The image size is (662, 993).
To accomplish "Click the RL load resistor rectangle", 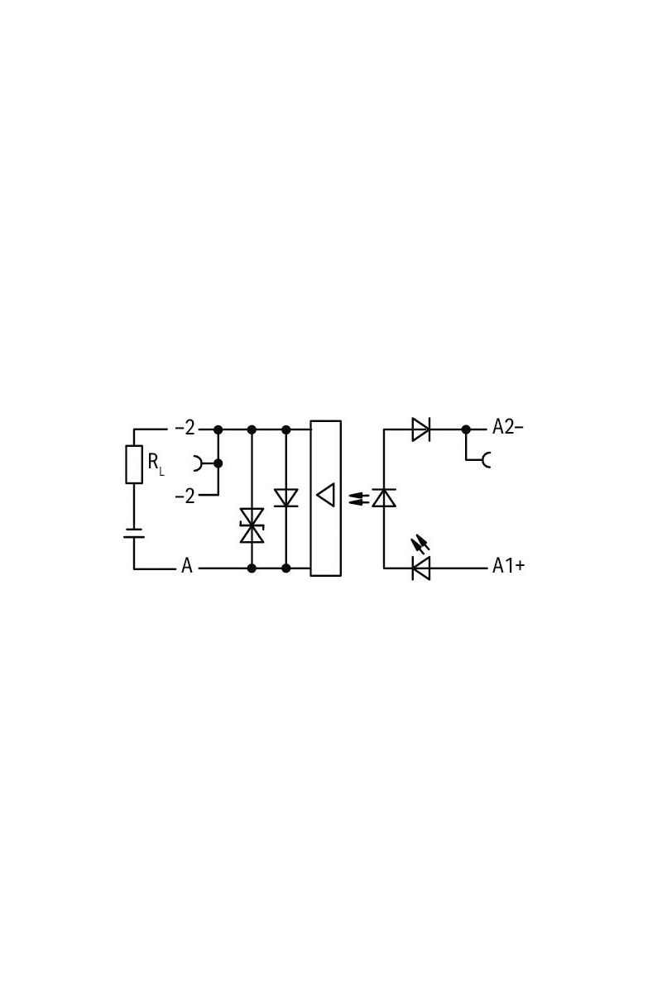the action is [134, 464].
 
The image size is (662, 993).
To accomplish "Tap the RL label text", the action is [156, 464].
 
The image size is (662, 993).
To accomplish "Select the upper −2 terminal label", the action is [185, 428].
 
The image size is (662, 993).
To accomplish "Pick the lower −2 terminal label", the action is [185, 496].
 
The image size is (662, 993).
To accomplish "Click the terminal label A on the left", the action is [187, 566].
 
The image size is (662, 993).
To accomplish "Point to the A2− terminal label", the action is [508, 427].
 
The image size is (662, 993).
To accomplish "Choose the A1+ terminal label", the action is [509, 566].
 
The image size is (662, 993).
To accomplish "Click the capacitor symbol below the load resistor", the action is [134, 533].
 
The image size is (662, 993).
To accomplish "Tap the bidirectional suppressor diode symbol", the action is [252, 525].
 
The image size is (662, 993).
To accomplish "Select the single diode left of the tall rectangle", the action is [286, 498].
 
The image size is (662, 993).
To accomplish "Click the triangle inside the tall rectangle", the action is [326, 495].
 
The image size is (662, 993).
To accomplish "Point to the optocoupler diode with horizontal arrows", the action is [384, 497].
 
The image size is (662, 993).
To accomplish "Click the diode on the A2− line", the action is [421, 429].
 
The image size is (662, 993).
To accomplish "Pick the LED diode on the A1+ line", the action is [421, 568].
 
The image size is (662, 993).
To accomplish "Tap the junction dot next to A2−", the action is [466, 429].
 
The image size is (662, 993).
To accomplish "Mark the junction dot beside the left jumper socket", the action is [218, 463].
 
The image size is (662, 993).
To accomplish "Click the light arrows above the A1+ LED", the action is [420, 544].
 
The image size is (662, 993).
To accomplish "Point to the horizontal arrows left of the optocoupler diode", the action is [359, 499].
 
